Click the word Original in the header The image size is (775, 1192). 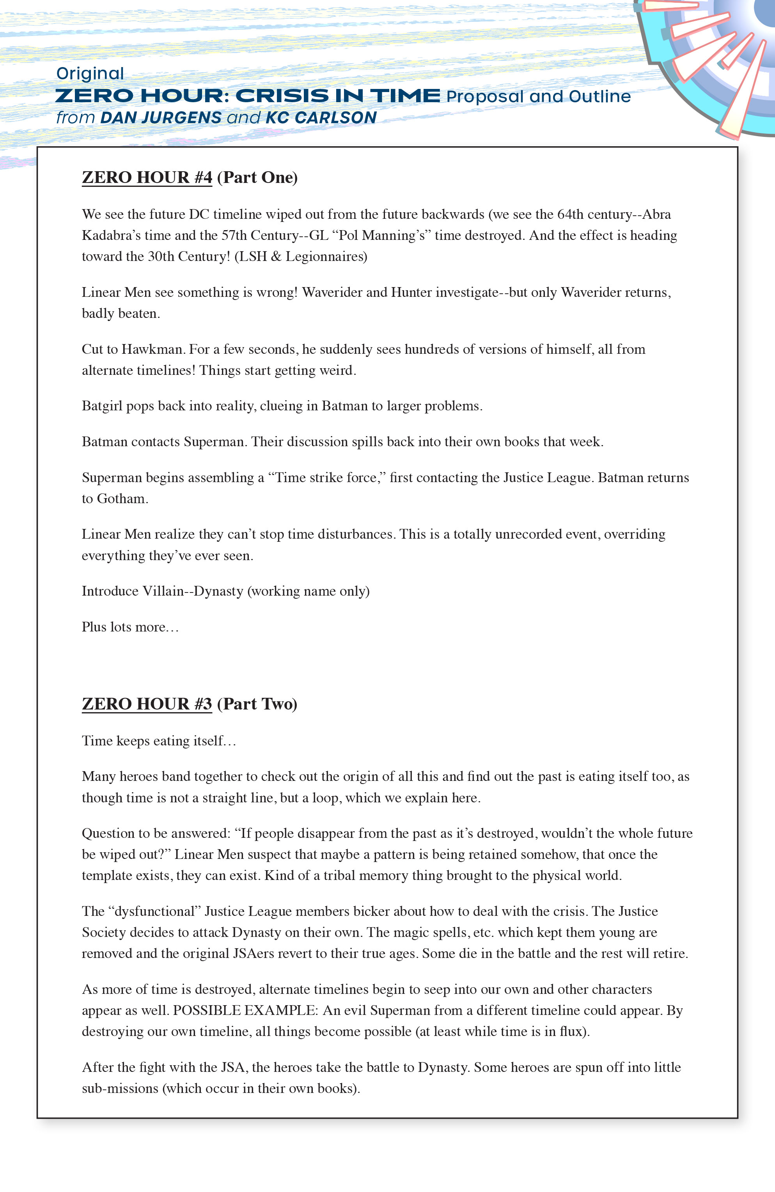coord(90,74)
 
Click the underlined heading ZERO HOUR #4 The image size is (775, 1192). coord(147,177)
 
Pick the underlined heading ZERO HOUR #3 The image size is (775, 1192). coord(147,704)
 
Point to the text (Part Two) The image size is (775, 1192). coord(257,704)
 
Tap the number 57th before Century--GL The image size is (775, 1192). coord(234,235)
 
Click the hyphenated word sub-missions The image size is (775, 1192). coord(120,1088)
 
